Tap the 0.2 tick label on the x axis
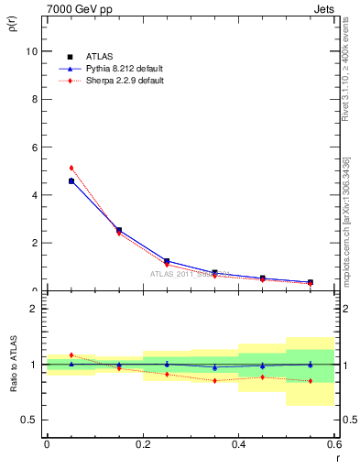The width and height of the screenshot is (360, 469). pyautogui.click(x=142, y=443)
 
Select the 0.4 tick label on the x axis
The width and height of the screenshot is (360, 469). pyautogui.click(x=238, y=443)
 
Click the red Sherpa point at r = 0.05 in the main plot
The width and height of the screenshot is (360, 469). pyautogui.click(x=71, y=168)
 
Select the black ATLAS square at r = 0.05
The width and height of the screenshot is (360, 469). pyautogui.click(x=71, y=181)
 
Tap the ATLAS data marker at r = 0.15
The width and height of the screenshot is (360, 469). pyautogui.click(x=118, y=230)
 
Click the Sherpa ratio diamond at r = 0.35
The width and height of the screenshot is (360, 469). pyautogui.click(x=214, y=380)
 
